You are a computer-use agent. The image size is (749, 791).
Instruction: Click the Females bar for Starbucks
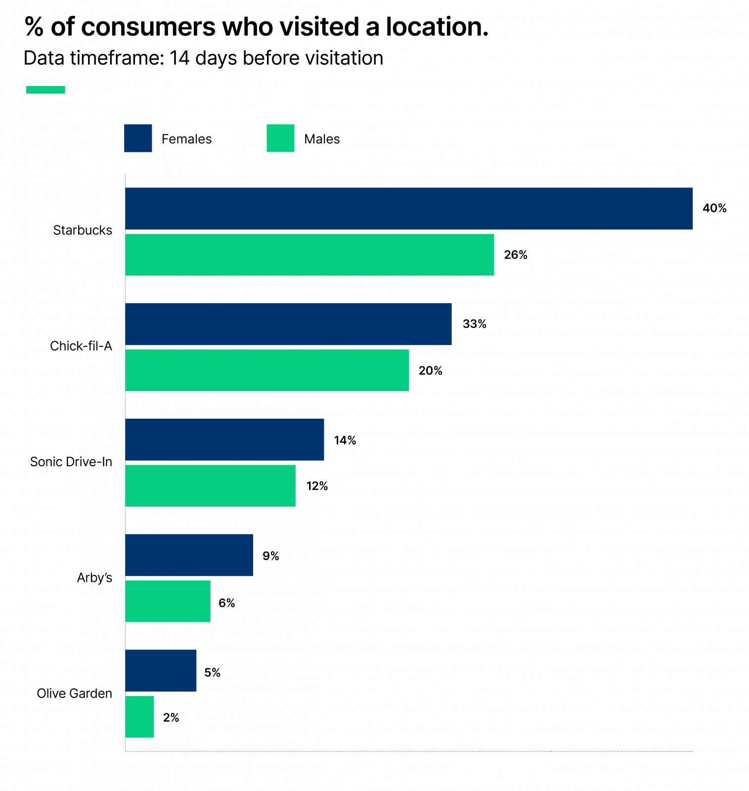(408, 208)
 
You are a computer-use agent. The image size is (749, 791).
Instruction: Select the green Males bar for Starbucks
(309, 255)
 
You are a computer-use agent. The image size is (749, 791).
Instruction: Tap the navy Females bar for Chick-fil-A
(288, 324)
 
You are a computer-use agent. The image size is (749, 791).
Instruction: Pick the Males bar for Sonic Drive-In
(210, 485)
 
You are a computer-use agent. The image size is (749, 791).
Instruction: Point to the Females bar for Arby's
(189, 555)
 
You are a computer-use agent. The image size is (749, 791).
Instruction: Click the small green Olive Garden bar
(139, 716)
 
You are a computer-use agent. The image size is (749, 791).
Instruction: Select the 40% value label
(714, 208)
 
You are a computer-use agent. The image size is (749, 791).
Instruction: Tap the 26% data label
(516, 255)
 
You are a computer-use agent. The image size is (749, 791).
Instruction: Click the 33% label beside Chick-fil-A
(474, 324)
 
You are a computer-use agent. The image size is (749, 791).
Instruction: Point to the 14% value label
(345, 440)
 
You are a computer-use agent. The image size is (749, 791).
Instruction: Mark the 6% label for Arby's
(226, 603)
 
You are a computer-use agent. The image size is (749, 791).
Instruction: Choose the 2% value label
(171, 717)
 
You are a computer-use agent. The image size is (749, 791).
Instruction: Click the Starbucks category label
(83, 230)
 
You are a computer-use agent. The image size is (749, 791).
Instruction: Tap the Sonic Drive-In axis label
(71, 462)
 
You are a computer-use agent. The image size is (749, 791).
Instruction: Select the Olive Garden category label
(75, 693)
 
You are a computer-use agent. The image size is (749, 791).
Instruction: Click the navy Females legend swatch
(138, 138)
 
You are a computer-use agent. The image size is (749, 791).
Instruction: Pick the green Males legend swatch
(280, 138)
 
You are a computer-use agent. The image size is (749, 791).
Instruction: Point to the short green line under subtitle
(45, 89)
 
